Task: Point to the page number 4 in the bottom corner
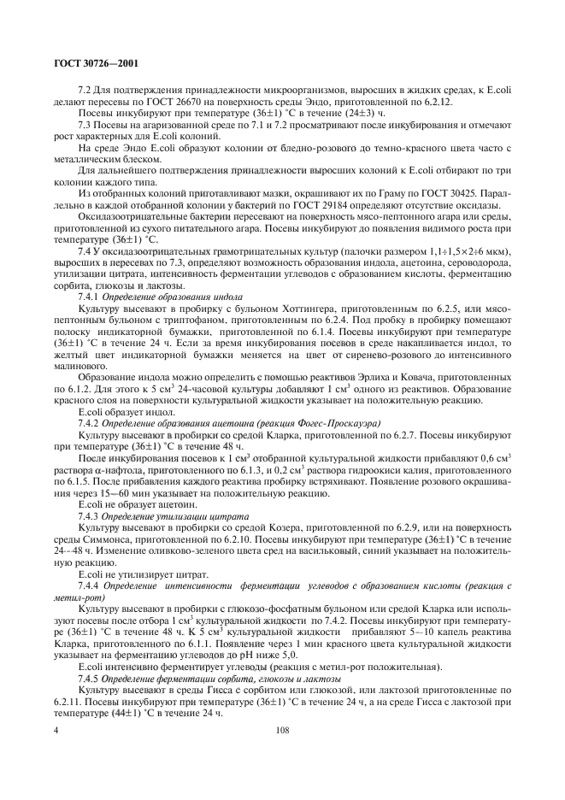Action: coord(56,731)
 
